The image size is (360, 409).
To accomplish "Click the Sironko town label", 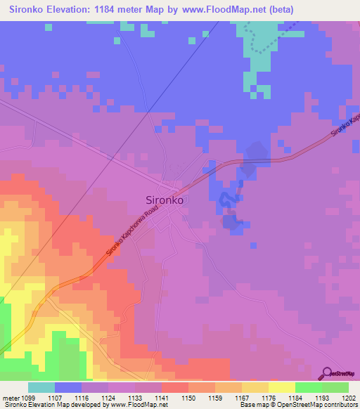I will (165, 200).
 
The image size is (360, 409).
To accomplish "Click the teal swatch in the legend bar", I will (41, 387).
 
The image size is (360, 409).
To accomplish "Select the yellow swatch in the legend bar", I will (282, 387).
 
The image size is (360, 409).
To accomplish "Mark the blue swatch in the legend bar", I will (68, 387).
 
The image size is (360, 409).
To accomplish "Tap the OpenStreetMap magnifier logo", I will (326, 374).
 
